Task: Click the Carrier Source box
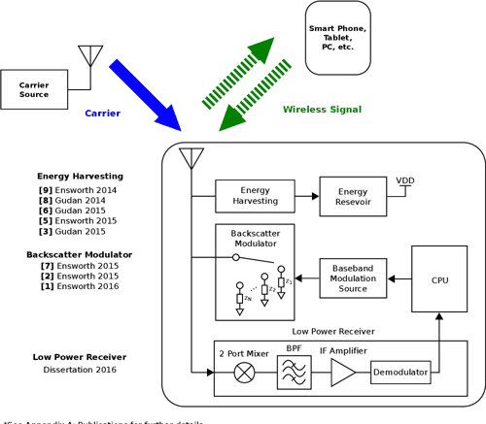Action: click(34, 89)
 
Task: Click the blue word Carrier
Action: click(102, 114)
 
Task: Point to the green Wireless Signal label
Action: click(322, 110)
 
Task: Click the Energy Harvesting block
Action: click(255, 196)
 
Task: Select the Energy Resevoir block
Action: click(353, 196)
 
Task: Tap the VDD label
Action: click(404, 180)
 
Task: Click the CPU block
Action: click(439, 279)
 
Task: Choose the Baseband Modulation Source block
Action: click(353, 278)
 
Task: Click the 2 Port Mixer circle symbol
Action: click(243, 373)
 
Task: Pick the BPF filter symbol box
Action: click(295, 372)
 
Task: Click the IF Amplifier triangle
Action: click(343, 373)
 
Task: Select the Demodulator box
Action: click(399, 373)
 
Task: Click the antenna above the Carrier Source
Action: click(89, 54)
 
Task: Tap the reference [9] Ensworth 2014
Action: click(78, 190)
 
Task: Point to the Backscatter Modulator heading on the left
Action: click(79, 254)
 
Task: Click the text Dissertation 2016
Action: click(80, 370)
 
